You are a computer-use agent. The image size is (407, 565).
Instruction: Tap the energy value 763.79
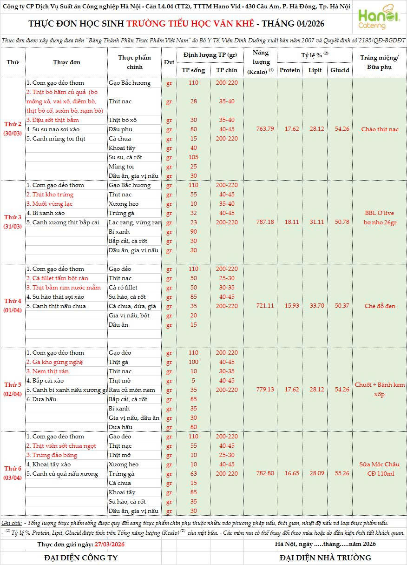click(x=265, y=129)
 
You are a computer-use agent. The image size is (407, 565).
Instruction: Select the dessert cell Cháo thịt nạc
click(x=380, y=129)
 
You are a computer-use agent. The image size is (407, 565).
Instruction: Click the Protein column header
click(x=290, y=70)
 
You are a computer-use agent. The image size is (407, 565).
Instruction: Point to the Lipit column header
click(x=315, y=70)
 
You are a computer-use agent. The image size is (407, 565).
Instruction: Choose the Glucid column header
click(x=340, y=70)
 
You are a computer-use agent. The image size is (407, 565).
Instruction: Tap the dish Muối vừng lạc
click(x=49, y=204)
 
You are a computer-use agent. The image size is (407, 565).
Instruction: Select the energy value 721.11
click(x=265, y=306)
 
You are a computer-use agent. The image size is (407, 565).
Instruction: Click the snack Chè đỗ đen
click(x=380, y=306)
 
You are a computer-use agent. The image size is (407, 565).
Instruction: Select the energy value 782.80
click(x=265, y=473)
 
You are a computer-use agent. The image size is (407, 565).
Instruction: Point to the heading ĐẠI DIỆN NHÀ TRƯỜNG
click(x=325, y=558)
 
